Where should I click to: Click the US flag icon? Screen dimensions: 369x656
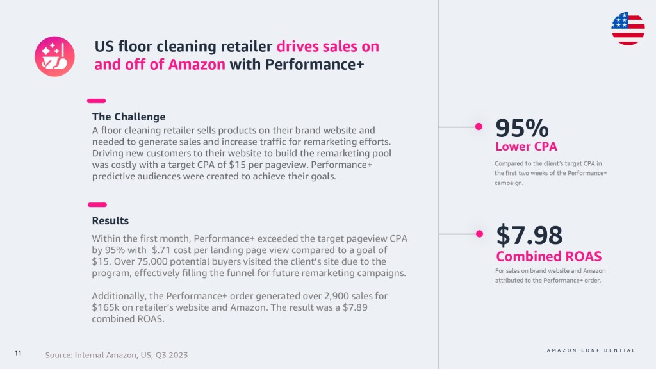[628, 28]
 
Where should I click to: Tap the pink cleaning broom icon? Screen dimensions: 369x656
[54, 56]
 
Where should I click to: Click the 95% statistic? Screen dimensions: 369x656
[521, 127]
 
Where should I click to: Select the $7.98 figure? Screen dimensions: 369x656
[529, 235]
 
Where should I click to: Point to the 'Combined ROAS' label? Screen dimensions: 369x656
[549, 256]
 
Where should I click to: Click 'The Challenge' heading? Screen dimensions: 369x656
[129, 117]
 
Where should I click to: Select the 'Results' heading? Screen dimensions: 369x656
[110, 220]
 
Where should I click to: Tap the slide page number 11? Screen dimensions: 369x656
[18, 354]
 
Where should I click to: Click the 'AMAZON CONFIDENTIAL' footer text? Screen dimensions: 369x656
[591, 350]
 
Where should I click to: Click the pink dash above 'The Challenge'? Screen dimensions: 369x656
[96, 101]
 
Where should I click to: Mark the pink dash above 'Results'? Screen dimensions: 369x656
[96, 204]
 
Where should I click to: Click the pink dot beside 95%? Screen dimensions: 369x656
[479, 127]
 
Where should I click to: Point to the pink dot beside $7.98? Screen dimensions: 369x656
[479, 234]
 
